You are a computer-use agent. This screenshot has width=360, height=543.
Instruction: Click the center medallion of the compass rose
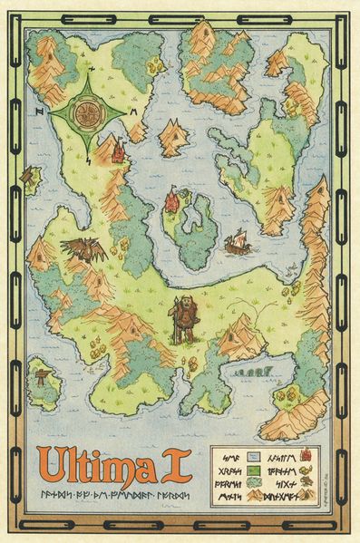(88, 112)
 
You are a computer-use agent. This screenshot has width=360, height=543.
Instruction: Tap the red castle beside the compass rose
(117, 151)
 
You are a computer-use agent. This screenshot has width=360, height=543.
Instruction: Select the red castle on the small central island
(171, 201)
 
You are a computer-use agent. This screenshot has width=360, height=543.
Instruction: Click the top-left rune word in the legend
(231, 456)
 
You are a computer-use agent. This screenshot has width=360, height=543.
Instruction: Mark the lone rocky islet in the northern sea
(172, 137)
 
